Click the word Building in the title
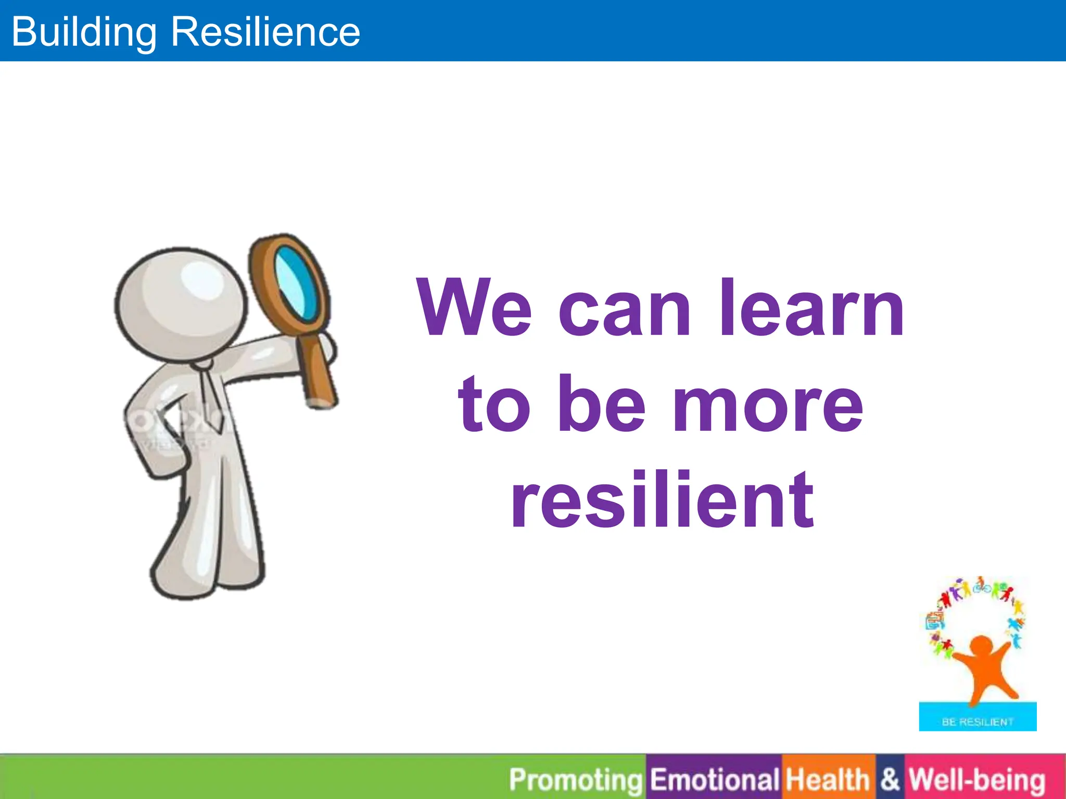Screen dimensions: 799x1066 84,32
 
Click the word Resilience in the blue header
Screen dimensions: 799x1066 265,32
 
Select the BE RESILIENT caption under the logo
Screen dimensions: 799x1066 978,722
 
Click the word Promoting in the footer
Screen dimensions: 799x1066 576,780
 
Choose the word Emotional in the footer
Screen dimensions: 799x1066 714,780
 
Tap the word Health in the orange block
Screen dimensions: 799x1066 828,780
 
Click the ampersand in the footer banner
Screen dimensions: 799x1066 890,780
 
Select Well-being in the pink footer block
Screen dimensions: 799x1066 976,780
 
